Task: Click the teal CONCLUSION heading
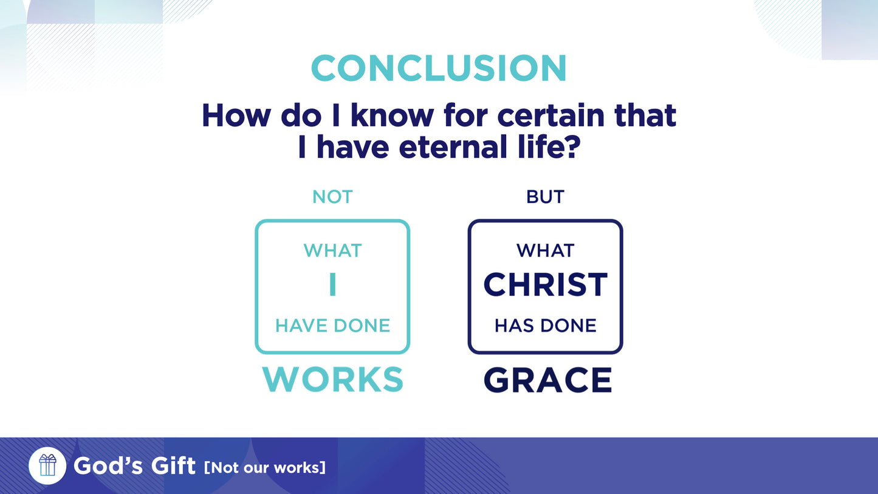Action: (438, 68)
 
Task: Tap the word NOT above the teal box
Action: (332, 197)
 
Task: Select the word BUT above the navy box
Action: (545, 197)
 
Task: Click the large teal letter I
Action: (332, 285)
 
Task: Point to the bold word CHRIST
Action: (545, 285)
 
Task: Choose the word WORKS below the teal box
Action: (332, 380)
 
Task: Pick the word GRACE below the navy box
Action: (547, 380)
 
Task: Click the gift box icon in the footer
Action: (47, 465)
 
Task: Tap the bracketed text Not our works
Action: (265, 467)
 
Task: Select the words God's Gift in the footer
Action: (134, 466)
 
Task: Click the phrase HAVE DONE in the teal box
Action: (332, 326)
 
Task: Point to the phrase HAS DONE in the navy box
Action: (545, 326)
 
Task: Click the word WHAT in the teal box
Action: (332, 250)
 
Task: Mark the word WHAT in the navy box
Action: (545, 250)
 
